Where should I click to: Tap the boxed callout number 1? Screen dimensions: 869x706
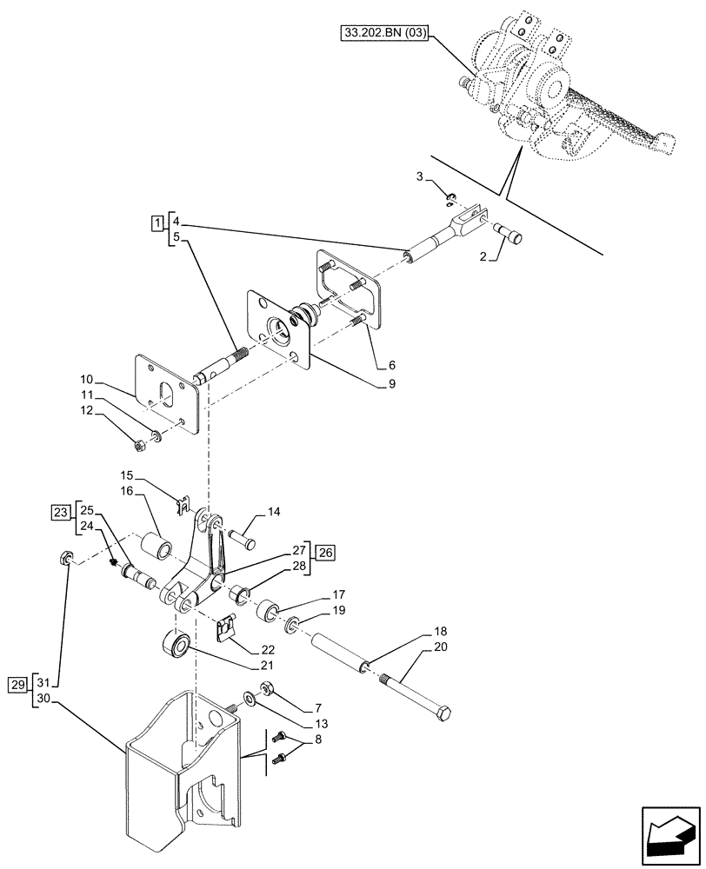(156, 223)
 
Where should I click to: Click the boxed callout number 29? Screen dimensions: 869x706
(18, 686)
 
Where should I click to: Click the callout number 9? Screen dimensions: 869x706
(392, 383)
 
